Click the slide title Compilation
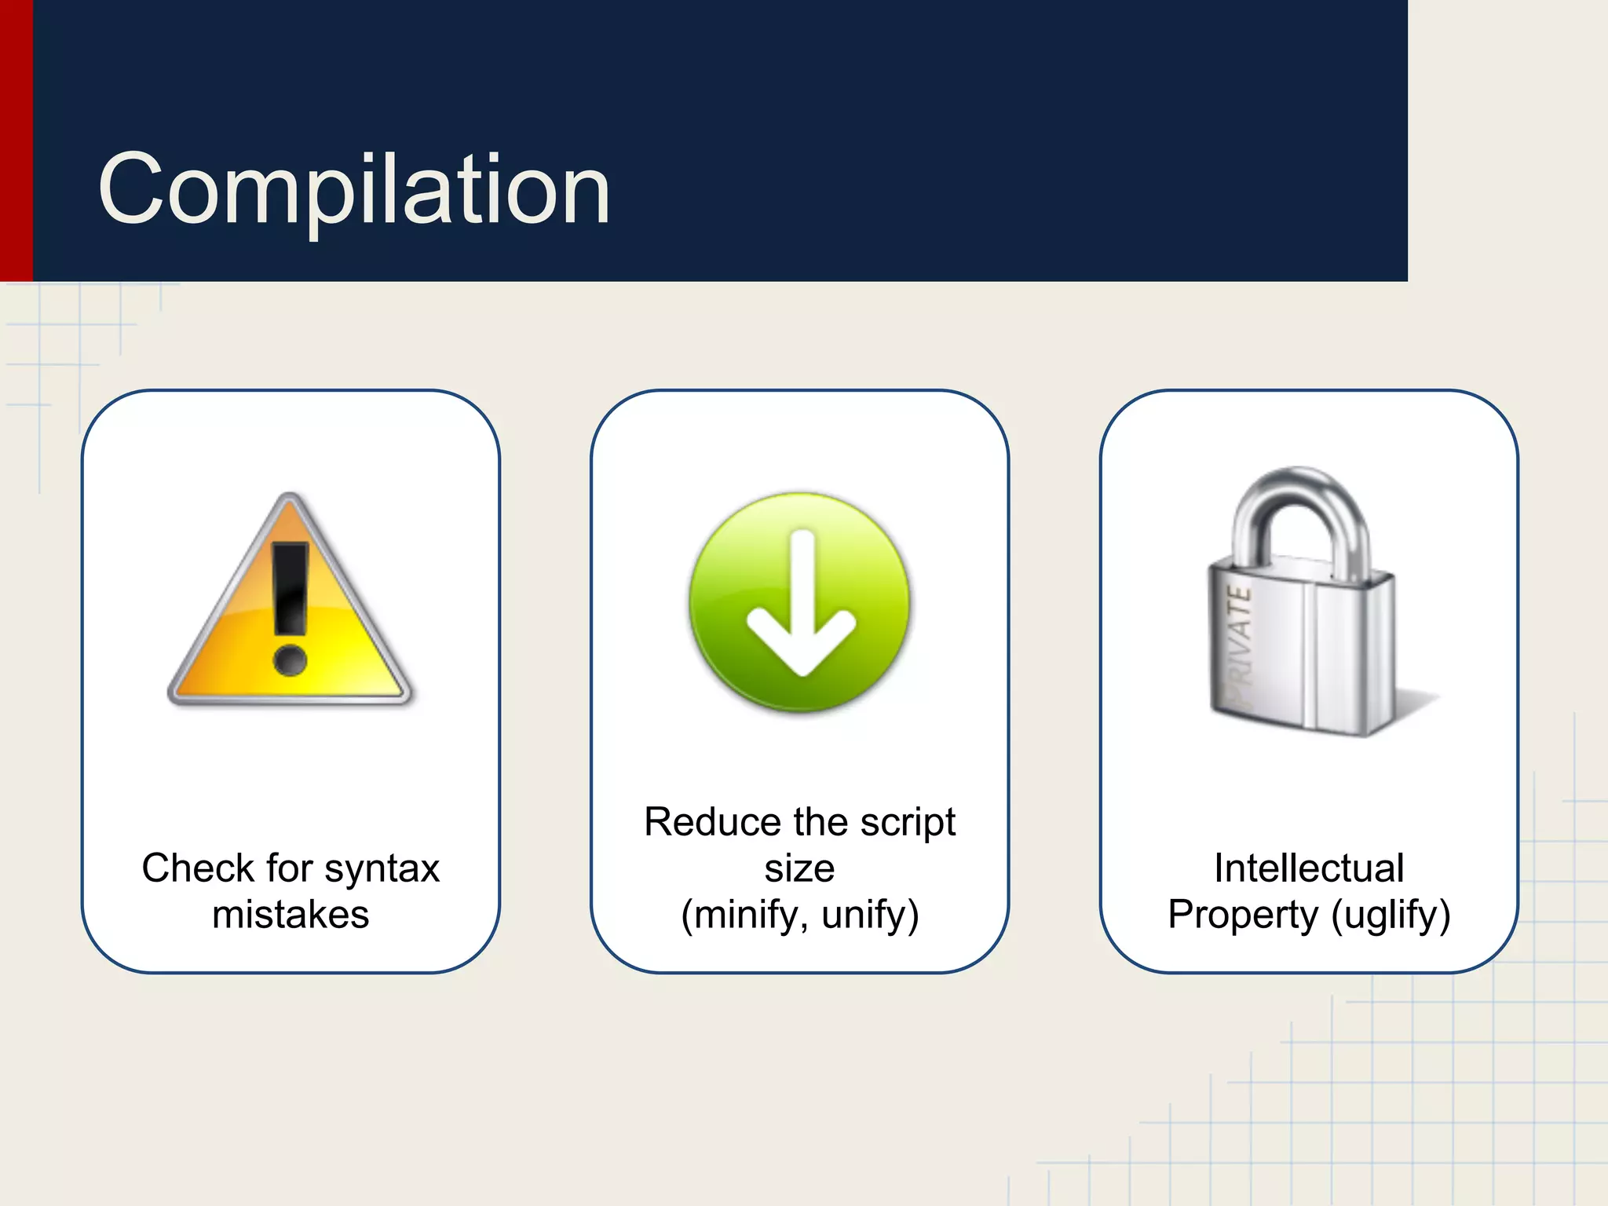click(x=354, y=189)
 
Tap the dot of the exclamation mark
click(x=291, y=660)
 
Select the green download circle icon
click(x=799, y=603)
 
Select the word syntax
click(x=382, y=868)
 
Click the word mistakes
click(x=291, y=915)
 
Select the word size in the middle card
click(x=799, y=868)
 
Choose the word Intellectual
click(x=1309, y=868)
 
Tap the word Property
click(x=1244, y=915)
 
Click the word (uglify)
click(x=1391, y=915)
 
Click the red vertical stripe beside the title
click(x=16, y=141)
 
